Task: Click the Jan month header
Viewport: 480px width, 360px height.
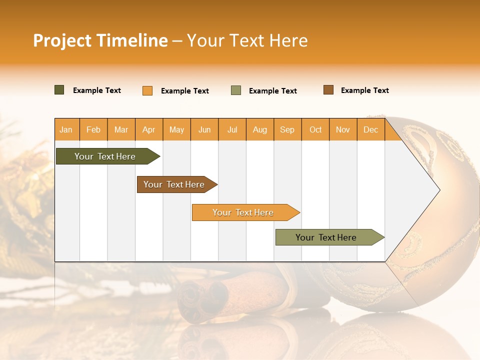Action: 66,129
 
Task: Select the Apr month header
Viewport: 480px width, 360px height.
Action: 148,129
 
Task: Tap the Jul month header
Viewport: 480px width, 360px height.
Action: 232,129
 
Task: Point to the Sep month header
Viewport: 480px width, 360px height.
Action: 287,129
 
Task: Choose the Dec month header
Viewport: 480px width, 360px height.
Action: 370,129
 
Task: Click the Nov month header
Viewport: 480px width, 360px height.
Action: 342,129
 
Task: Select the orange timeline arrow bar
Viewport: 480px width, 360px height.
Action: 243,212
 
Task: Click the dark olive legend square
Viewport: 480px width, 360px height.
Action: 59,90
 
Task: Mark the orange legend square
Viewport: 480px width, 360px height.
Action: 147,90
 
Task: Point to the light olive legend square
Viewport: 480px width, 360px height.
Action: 236,90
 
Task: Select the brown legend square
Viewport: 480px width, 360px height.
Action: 328,90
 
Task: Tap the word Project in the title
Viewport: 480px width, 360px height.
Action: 62,40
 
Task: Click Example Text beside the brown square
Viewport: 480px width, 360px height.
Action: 364,90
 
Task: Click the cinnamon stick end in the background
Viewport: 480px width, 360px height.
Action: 202,300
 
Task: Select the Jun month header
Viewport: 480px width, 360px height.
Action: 204,129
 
